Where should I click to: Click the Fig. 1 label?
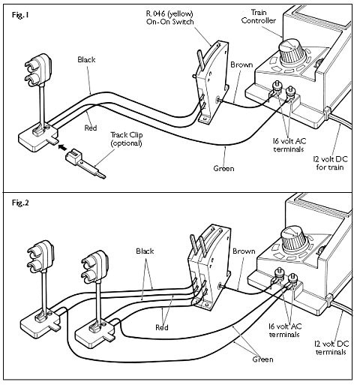[20, 15]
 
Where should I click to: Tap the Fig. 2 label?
[20, 203]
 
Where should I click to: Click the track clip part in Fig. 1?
[85, 164]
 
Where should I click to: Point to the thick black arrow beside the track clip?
[62, 147]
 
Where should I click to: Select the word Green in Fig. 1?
[223, 168]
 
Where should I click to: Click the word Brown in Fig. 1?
[241, 65]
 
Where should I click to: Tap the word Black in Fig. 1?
[86, 59]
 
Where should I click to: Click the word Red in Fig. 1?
[91, 128]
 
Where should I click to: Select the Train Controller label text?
[259, 17]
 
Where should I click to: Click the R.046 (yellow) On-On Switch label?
[169, 17]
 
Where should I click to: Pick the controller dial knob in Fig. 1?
[292, 53]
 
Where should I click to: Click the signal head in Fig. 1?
[39, 71]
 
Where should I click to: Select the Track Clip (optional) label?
[127, 139]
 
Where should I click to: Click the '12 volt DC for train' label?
[330, 163]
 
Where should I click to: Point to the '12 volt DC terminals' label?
[331, 348]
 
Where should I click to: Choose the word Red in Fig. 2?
[162, 327]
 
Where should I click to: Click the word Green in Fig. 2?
[262, 359]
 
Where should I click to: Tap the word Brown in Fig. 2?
[244, 251]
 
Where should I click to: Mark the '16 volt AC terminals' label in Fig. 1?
[289, 145]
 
